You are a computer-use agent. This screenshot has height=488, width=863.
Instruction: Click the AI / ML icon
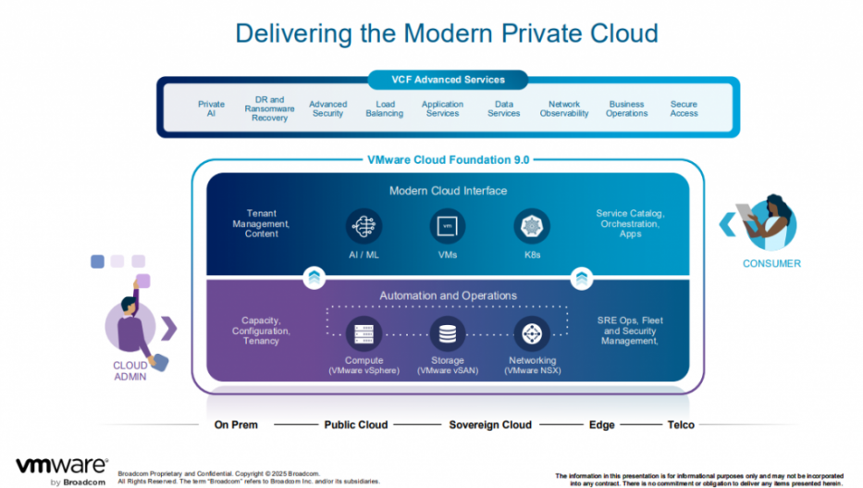(364, 225)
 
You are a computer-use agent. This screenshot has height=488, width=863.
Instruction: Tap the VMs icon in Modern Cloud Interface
(448, 225)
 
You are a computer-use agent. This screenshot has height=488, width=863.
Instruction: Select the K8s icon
(532, 225)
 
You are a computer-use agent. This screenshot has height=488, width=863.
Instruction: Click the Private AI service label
(211, 108)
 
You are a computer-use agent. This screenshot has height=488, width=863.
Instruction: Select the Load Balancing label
(384, 108)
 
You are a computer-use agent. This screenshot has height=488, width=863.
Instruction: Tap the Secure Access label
(684, 108)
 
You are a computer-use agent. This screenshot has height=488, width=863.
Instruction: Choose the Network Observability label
(563, 108)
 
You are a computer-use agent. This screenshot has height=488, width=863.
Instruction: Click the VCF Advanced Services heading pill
(449, 80)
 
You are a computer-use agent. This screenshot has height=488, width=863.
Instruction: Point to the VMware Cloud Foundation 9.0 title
(449, 159)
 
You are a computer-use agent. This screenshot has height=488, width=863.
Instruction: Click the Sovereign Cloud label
(490, 425)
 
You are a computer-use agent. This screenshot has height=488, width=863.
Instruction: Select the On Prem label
(236, 425)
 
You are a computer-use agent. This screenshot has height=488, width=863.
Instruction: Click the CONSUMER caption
(771, 264)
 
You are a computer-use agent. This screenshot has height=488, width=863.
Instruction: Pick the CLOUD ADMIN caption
(130, 370)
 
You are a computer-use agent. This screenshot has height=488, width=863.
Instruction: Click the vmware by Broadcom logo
(61, 469)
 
